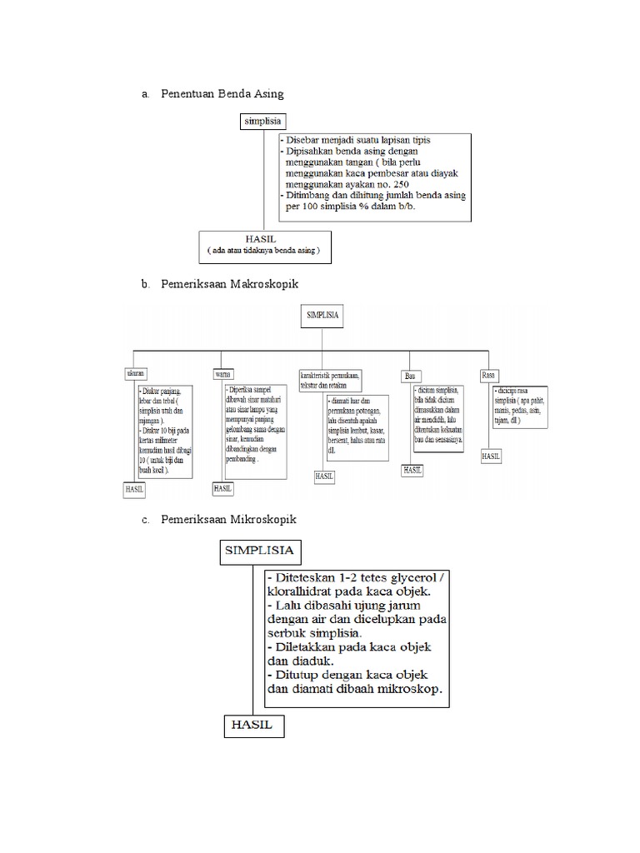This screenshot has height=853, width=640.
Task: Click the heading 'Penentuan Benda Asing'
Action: point(222,93)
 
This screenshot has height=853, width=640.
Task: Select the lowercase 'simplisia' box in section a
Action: point(263,122)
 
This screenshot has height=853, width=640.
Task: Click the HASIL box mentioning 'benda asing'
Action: point(264,244)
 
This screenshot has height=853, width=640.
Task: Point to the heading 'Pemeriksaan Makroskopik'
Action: point(229,284)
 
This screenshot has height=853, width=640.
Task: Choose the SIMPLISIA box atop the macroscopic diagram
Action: point(322,316)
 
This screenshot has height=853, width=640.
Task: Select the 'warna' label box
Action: point(222,373)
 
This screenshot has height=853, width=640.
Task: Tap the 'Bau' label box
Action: point(410,377)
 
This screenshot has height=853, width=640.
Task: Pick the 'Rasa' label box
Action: point(488,375)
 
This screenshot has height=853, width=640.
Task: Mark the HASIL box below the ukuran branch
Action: point(134,490)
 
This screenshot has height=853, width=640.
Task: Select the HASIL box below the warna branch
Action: point(222,489)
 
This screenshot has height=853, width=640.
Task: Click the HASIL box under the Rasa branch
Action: point(491,456)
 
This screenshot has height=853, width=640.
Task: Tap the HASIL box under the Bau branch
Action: point(412,470)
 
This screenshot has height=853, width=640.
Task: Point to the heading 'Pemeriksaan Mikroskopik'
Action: point(228,519)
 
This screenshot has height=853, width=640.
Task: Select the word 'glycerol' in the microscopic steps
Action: point(407,577)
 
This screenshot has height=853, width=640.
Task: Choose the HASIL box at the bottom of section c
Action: point(253,726)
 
